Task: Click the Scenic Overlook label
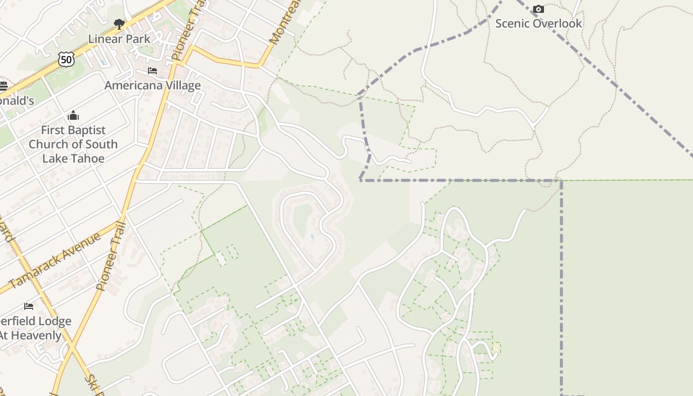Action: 539,23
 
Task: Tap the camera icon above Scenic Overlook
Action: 539,9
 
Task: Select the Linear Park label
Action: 119,39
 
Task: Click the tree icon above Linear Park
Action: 119,24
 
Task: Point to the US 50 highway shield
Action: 66,59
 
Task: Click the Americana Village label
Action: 152,85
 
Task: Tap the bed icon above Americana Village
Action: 152,71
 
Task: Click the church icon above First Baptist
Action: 73,116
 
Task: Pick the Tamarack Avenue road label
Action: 54,260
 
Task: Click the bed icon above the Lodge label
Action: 29,306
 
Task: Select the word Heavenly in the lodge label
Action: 37,335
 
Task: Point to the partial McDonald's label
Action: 16,100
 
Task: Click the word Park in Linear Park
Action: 138,39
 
